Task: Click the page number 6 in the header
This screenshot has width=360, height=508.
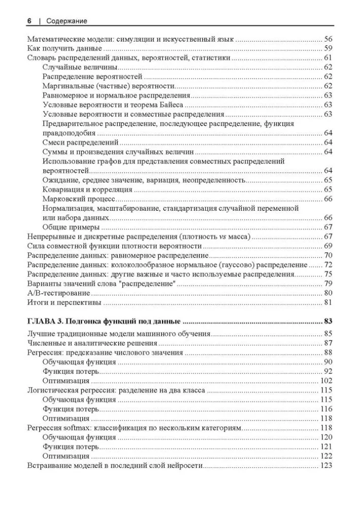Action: (x=29, y=21)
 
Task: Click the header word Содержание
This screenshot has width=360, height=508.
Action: (x=67, y=21)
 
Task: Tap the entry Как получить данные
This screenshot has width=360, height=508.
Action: (x=64, y=49)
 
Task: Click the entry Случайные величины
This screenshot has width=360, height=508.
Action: (x=80, y=68)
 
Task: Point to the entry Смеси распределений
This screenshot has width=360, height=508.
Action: (x=81, y=143)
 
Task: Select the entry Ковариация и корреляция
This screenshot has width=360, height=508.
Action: (x=88, y=189)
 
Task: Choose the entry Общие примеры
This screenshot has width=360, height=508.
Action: (x=71, y=227)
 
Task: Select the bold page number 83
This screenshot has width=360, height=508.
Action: (x=328, y=321)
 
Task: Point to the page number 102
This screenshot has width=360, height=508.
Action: (x=325, y=380)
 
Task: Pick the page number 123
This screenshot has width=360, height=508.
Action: (x=325, y=465)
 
